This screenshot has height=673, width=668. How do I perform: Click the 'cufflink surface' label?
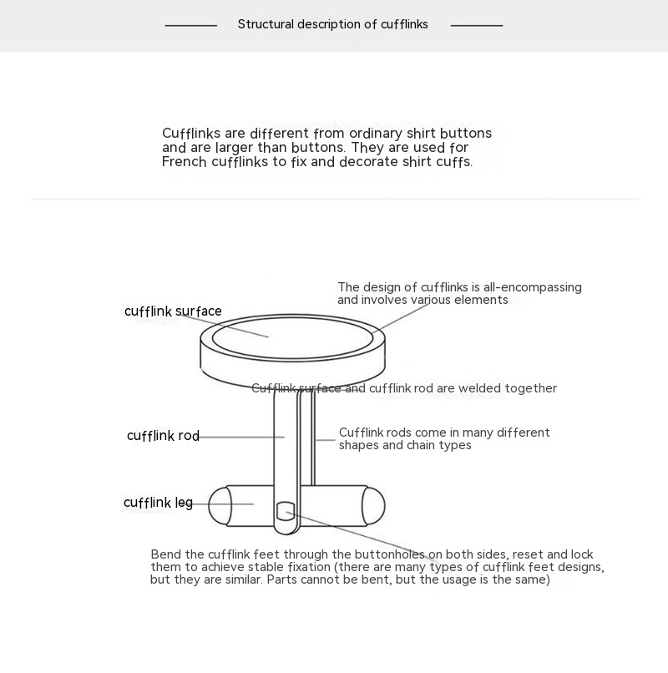tap(173, 311)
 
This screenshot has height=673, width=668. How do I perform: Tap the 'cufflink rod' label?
tap(163, 436)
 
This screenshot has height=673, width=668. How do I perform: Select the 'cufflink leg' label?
tap(158, 503)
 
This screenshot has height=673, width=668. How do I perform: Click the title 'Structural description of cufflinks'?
tap(332, 24)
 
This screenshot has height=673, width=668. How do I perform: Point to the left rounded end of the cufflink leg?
tap(219, 505)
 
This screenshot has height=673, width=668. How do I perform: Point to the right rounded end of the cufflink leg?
tap(373, 505)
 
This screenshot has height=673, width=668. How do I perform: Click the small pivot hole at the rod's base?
tap(286, 509)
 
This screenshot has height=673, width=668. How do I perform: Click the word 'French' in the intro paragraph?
tap(184, 162)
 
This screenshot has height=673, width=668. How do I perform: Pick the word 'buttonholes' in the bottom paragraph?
tap(388, 554)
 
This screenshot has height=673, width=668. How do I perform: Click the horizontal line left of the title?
tap(190, 25)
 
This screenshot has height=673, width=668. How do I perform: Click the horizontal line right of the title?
tap(477, 25)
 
